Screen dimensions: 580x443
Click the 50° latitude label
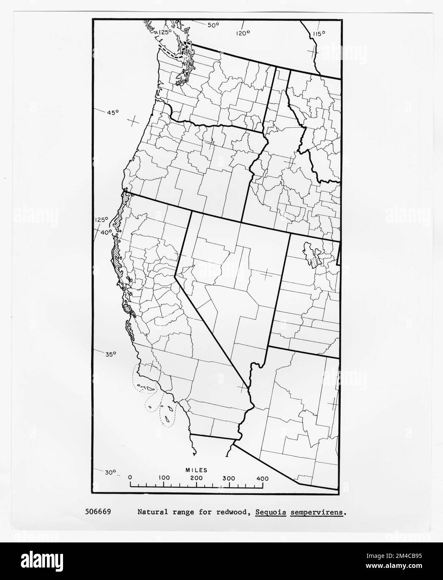[213, 25]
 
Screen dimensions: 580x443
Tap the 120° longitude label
[242, 34]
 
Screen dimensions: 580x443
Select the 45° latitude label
[112, 113]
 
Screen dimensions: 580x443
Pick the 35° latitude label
[111, 354]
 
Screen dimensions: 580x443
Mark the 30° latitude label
[110, 472]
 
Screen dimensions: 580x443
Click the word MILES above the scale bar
[196, 470]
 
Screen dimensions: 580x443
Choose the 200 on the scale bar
[196, 478]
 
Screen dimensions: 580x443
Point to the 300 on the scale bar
[229, 478]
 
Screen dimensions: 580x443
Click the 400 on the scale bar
[262, 478]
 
